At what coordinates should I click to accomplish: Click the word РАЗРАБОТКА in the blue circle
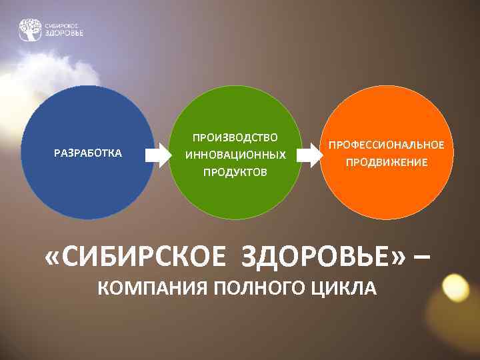[x=87, y=153]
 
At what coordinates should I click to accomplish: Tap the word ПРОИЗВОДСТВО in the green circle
[x=235, y=137]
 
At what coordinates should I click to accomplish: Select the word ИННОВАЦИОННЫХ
[x=235, y=155]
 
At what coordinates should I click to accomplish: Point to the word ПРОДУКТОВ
[x=235, y=172]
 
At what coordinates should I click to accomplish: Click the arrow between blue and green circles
[x=158, y=155]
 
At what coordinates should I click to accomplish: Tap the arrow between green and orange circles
[x=307, y=155]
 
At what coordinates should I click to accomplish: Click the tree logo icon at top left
[x=30, y=29]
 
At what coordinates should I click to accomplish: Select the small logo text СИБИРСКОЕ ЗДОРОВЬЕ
[x=64, y=29]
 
